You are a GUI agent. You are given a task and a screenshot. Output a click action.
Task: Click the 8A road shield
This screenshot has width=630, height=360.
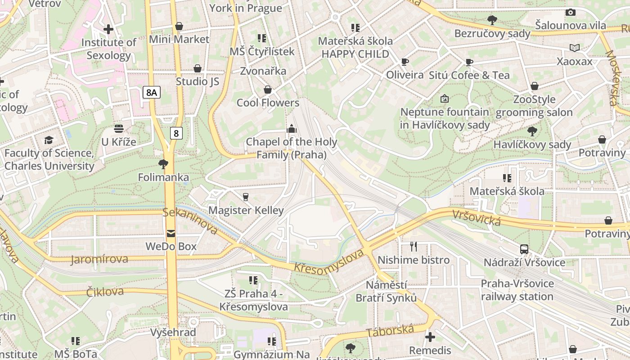(152, 93)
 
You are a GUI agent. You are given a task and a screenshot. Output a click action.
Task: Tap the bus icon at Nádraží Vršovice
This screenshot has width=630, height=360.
(524, 249)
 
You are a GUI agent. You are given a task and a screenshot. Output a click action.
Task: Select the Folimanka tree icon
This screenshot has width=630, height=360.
(163, 164)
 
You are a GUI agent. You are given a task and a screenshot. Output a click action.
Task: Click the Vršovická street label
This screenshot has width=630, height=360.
(477, 218)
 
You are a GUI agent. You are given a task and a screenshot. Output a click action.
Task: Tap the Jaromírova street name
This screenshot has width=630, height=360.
(99, 259)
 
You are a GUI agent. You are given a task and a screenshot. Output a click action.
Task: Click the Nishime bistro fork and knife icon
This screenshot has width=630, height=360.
(414, 246)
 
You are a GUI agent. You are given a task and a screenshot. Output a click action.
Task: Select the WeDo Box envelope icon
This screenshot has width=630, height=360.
(171, 233)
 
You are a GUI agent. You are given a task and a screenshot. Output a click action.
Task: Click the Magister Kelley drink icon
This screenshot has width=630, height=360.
(246, 197)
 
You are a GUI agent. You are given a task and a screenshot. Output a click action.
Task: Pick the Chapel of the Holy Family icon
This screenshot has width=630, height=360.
(292, 129)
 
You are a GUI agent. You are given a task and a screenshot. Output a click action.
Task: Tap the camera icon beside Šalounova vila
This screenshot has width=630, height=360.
(571, 12)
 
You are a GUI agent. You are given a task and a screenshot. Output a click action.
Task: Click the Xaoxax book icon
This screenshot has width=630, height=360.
(575, 48)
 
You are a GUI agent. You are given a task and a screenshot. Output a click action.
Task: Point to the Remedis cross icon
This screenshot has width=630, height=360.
(430, 337)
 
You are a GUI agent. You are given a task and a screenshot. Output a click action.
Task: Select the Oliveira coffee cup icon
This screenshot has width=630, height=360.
(405, 62)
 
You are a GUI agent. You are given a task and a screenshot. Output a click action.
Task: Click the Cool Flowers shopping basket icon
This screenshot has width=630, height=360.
(268, 90)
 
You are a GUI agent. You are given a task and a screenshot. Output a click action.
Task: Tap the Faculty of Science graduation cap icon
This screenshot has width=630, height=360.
(49, 140)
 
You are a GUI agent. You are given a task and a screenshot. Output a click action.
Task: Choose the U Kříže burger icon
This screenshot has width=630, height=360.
(119, 129)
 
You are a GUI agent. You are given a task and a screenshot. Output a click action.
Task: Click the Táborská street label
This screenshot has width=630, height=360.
(390, 331)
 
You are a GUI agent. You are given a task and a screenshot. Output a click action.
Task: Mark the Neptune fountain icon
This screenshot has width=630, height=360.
(445, 98)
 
